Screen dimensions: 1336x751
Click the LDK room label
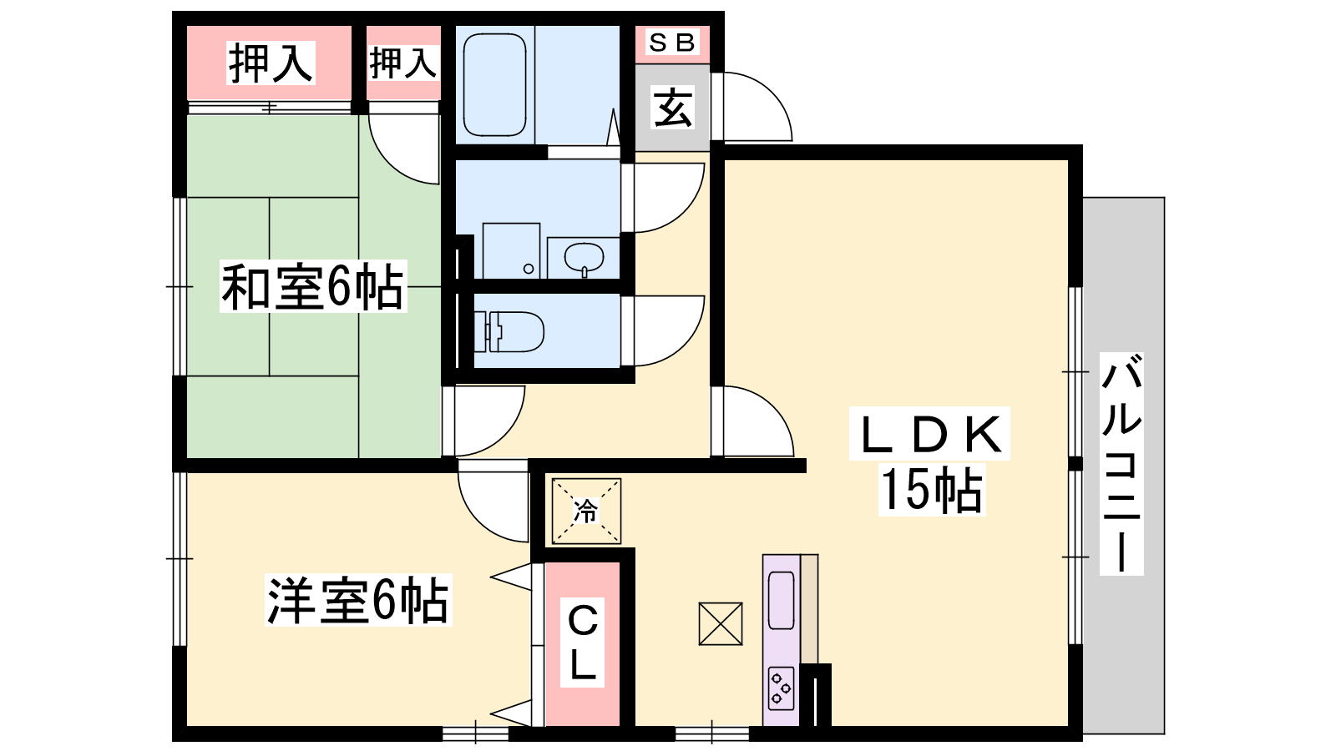pos(930,434)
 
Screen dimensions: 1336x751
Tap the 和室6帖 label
pos(313,287)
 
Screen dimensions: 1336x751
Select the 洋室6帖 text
pos(358,600)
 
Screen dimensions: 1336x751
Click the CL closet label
pos(583,642)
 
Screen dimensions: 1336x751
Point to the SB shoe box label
pos(671,43)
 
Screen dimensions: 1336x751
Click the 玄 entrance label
pos(673,108)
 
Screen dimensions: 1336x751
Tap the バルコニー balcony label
pos(1121,463)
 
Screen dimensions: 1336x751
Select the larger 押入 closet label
pos(271,63)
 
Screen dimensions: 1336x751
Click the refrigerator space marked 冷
pos(586,512)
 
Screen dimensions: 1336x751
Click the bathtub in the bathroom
pos(494,84)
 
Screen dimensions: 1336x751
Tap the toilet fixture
pos(509,331)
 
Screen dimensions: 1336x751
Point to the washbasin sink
pos(584,258)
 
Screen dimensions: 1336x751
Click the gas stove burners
pos(781,688)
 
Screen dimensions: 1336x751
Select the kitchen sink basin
pos(781,600)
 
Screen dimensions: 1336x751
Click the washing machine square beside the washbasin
pos(511,251)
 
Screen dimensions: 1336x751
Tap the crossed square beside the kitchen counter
pos(721,624)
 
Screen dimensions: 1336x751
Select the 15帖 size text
pos(932,490)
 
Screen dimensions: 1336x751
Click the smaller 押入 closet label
pos(403,63)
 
